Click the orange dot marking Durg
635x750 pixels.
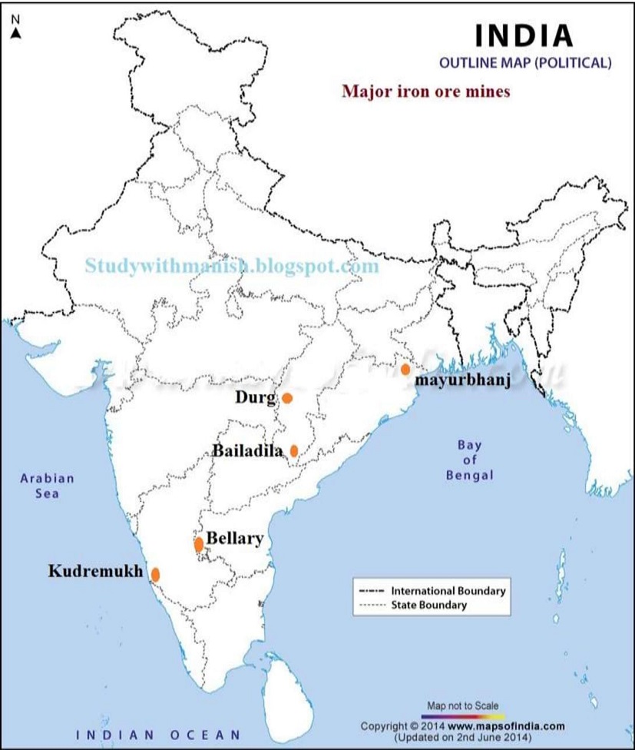tap(287, 398)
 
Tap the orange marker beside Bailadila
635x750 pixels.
tap(294, 450)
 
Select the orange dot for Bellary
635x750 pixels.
tap(199, 544)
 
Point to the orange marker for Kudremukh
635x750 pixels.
tap(155, 574)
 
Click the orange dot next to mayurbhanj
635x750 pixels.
tap(405, 370)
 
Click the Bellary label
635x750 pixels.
tap(235, 539)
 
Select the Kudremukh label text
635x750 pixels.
tap(97, 571)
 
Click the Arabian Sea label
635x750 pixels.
tap(48, 486)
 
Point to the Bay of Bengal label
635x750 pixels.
tap(469, 460)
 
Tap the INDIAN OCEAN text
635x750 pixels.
tap(163, 733)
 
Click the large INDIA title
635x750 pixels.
tap(524, 35)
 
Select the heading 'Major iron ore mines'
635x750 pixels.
tap(426, 91)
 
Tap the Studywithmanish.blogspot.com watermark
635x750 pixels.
tap(233, 266)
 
